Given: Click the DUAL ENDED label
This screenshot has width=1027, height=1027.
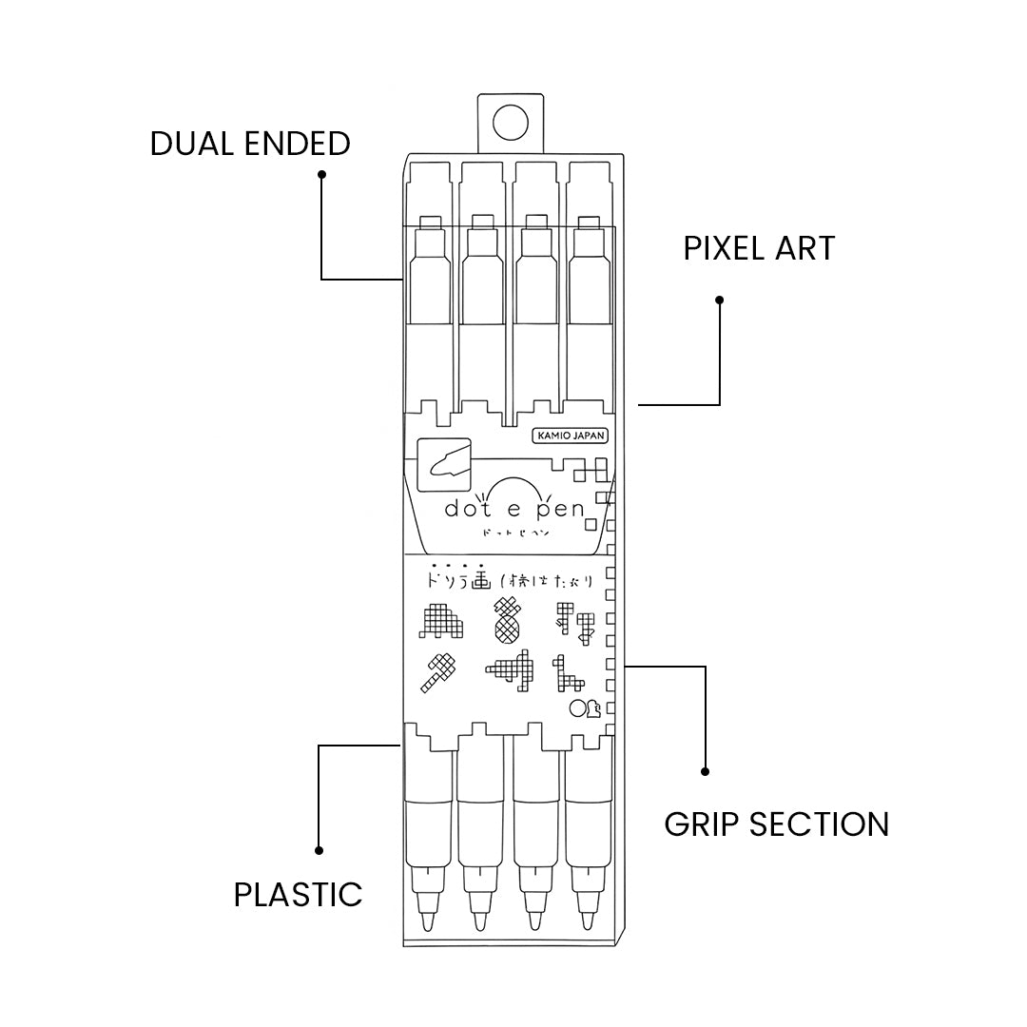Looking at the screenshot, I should pos(250,144).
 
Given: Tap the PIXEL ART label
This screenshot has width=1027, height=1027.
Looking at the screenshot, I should pos(759,248).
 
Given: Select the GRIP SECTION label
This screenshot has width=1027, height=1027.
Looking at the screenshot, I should pos(776,824).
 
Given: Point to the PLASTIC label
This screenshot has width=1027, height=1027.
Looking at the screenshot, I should pos(299,894).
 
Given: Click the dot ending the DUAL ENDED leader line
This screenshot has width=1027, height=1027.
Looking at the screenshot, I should pos(321,174).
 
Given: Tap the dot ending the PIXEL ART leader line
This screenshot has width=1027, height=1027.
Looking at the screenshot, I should pos(720,300).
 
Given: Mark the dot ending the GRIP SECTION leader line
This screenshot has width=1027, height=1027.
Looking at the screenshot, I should pos(705,771).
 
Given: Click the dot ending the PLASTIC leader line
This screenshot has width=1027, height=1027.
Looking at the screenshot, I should pos(320,850).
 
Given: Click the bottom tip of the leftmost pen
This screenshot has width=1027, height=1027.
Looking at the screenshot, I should pos(427,927).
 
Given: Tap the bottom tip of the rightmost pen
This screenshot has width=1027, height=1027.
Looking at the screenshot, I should pos(589,927).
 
